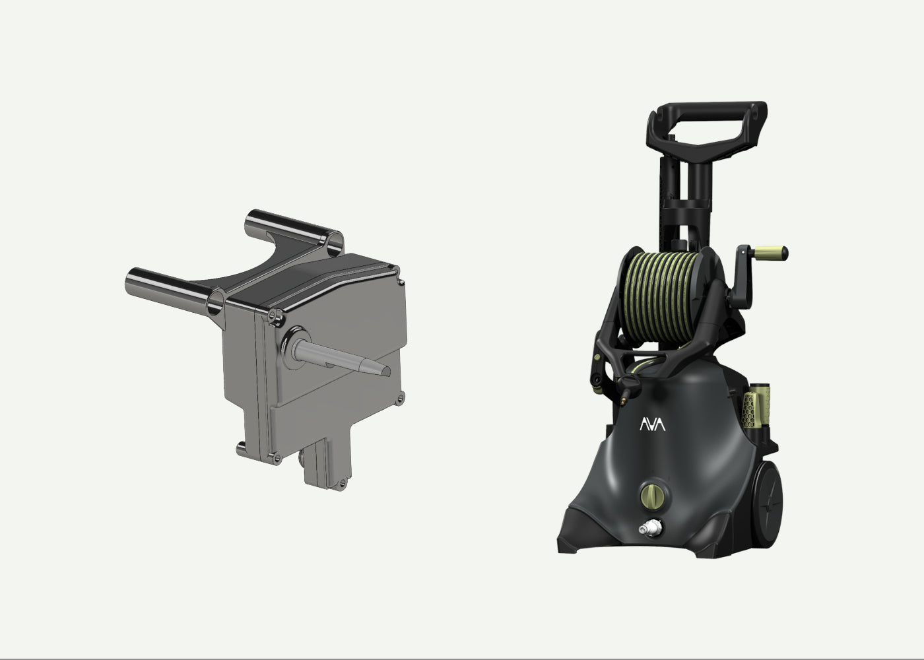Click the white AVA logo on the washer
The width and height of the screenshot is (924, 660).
(652, 424)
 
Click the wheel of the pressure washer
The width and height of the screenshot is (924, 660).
(767, 504)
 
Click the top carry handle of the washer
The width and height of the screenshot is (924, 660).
(706, 129)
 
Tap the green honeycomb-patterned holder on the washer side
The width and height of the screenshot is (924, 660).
(749, 411)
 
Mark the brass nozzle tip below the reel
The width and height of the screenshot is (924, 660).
(624, 399)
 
